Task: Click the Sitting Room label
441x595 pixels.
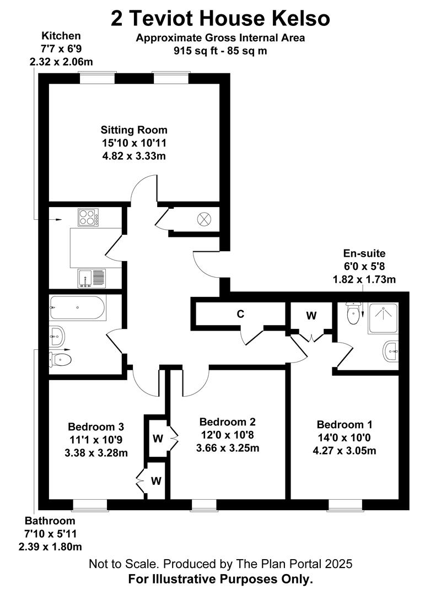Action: click(x=134, y=130)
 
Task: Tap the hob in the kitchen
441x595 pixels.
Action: click(x=88, y=218)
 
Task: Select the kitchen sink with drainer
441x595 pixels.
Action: click(x=92, y=278)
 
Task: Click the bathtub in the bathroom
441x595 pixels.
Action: click(x=78, y=307)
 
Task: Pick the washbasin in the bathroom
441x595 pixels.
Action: click(x=57, y=336)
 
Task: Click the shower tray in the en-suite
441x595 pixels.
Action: click(x=383, y=318)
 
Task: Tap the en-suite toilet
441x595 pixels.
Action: click(x=353, y=313)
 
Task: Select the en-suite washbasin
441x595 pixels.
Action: click(x=391, y=351)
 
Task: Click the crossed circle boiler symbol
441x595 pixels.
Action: click(x=204, y=219)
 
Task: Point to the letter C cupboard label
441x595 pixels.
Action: click(x=240, y=314)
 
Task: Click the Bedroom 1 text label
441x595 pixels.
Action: click(x=345, y=424)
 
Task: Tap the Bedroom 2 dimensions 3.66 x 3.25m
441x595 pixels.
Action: click(x=228, y=448)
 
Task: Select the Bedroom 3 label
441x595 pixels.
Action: click(x=96, y=426)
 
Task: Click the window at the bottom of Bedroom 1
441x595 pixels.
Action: click(x=345, y=505)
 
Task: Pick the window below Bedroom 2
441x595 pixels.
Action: click(x=204, y=505)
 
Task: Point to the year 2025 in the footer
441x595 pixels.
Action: click(x=338, y=564)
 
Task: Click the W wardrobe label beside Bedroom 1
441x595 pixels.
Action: click(x=311, y=315)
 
